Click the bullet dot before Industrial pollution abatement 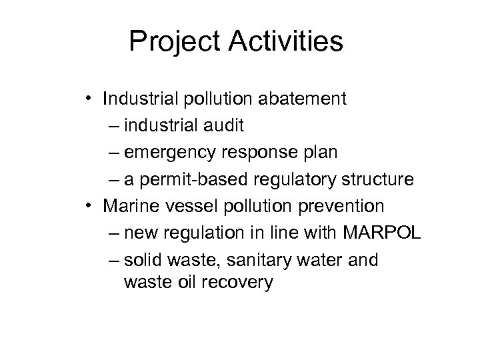pos(89,100)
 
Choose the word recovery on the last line pos(236,282)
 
